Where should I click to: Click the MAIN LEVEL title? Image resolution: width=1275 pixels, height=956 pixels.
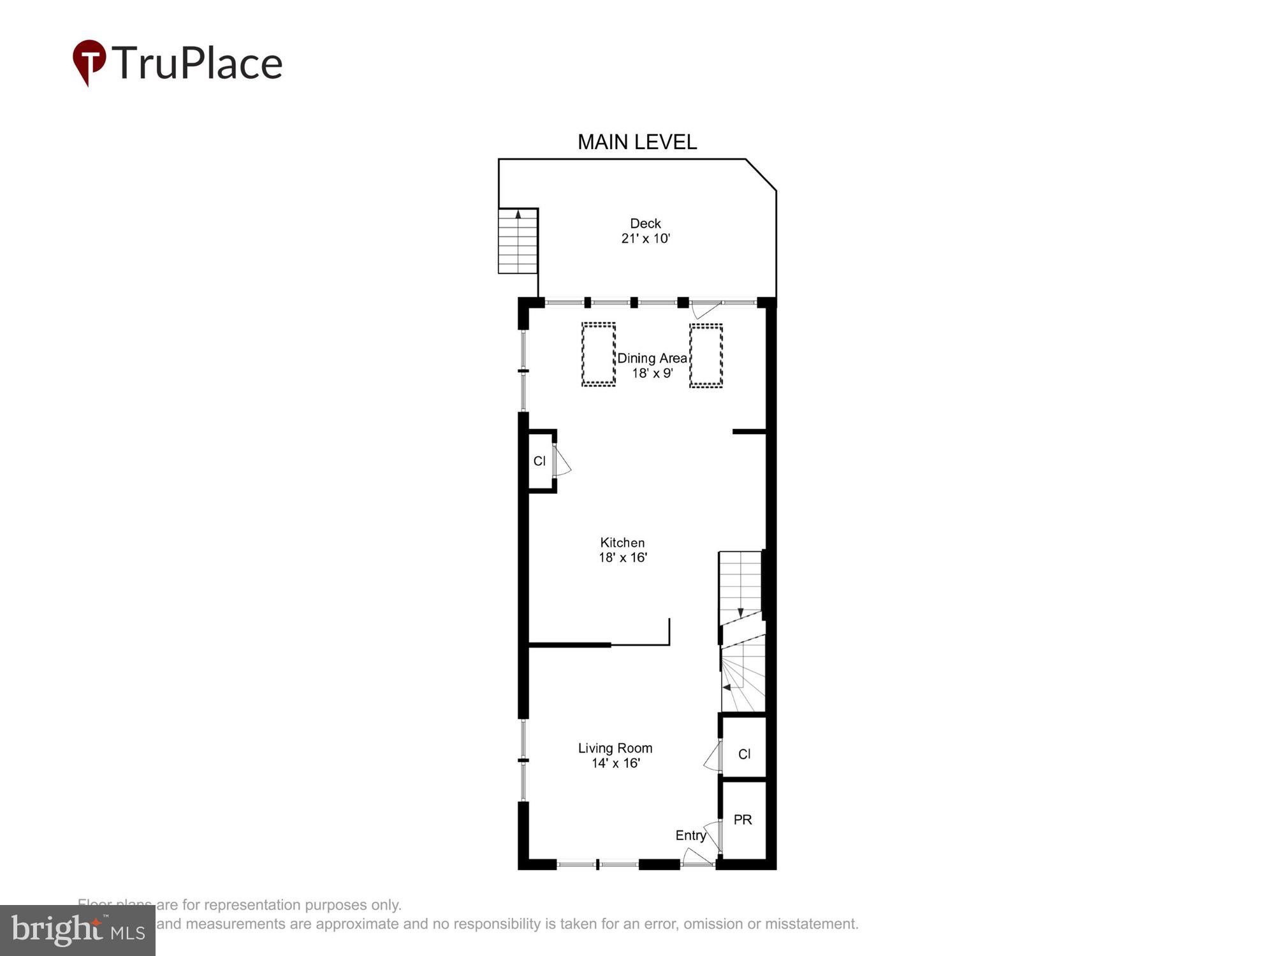coord(637,142)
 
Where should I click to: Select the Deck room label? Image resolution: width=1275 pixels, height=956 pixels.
coord(645,224)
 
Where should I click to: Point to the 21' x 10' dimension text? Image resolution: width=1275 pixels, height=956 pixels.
coord(645,239)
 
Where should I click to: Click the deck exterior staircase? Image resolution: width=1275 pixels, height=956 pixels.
coord(518,241)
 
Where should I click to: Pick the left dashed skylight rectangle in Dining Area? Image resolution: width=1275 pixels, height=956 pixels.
coord(598,354)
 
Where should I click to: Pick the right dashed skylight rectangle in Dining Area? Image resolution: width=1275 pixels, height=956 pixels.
coord(706,355)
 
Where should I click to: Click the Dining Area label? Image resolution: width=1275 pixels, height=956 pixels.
coord(652,358)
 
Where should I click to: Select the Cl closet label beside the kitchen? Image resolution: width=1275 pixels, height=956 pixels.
coord(539,461)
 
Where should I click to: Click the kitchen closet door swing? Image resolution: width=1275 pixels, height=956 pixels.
coord(562,461)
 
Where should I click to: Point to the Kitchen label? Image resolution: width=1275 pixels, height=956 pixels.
coord(622,543)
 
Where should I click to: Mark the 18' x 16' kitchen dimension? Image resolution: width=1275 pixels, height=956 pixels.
coord(622,558)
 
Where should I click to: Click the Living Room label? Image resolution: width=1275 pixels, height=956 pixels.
coord(615,748)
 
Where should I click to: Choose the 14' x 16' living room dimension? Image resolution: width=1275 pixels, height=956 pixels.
coord(615,763)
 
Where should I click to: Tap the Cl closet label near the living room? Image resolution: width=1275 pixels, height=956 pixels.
coord(744,754)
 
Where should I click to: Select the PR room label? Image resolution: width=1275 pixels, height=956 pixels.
coord(743,820)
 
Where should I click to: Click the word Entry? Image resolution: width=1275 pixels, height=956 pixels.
coord(690,836)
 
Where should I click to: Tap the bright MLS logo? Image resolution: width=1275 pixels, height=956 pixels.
coord(78,931)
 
